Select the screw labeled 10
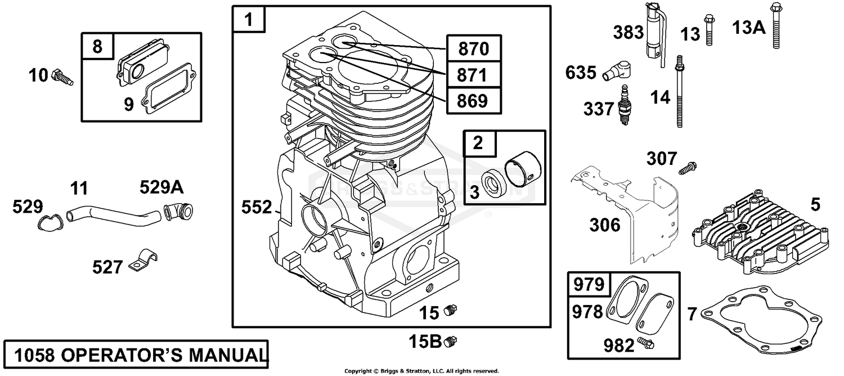(x=62, y=77)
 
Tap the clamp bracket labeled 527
(x=143, y=260)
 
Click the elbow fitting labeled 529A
(x=178, y=211)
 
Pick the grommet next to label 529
(x=50, y=222)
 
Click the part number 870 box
(x=474, y=48)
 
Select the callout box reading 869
(x=474, y=101)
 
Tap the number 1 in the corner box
(x=249, y=19)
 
